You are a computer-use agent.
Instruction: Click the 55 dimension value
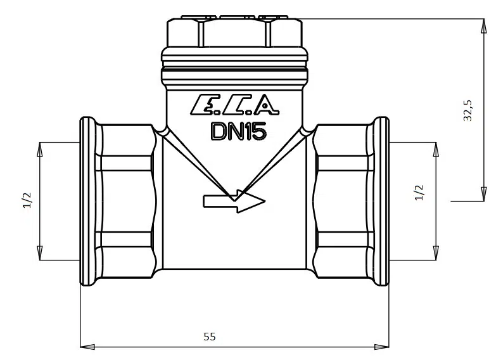[x=210, y=337]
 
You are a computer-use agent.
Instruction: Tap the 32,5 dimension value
[x=468, y=111]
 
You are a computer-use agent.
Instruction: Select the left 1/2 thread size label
[x=27, y=200]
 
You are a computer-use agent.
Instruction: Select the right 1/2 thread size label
[x=420, y=193]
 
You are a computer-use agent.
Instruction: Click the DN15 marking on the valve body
[x=239, y=131]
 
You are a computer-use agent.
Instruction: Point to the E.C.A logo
[x=234, y=105]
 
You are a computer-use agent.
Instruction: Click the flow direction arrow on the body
[x=234, y=201]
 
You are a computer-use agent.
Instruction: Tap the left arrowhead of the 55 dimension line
[x=87, y=347]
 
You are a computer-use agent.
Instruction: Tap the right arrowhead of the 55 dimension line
[x=382, y=347]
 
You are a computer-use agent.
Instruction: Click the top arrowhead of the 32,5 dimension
[x=483, y=26]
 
